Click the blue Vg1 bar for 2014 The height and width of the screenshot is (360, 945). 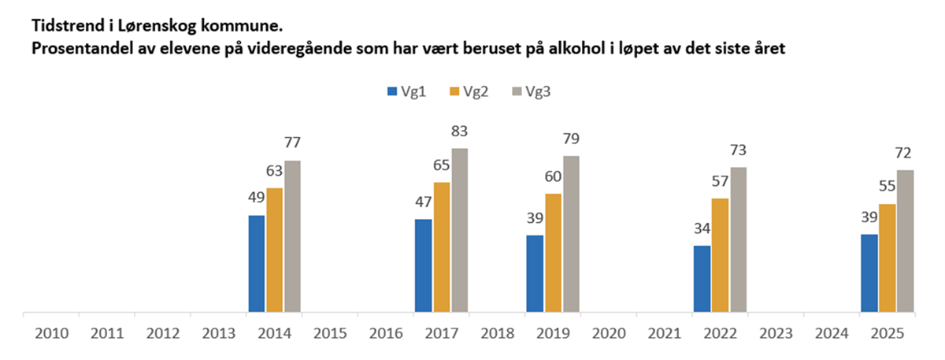pos(257,264)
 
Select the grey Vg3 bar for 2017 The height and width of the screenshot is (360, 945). pos(459,230)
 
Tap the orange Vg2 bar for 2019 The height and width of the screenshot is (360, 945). pos(554,253)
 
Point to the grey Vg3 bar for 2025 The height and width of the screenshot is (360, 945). pos(906,241)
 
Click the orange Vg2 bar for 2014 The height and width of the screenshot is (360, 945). pos(275,250)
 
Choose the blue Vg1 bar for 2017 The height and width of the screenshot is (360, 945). pos(424,265)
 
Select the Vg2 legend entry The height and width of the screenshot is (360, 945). pos(470,92)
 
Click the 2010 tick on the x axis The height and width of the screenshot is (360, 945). pos(51,333)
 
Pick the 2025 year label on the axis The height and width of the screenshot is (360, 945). pos(888,333)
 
